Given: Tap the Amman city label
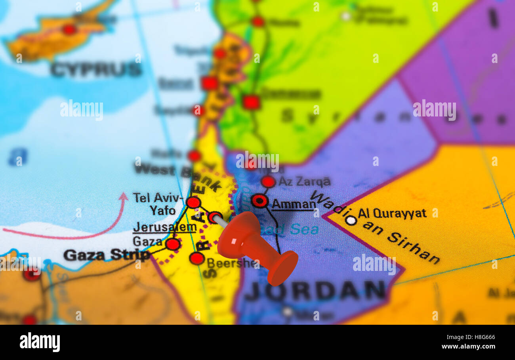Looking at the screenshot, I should [294, 204].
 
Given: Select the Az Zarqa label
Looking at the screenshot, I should [304, 182].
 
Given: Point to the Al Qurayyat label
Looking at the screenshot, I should [392, 213].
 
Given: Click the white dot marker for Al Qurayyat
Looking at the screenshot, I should [351, 220].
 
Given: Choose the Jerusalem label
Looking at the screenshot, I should [164, 227].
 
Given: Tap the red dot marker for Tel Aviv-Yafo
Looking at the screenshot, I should [193, 202].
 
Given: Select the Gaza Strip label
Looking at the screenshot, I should [107, 255].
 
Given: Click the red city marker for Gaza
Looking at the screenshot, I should [173, 244].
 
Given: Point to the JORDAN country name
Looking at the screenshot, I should [315, 291].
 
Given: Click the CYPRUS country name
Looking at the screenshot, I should [96, 70].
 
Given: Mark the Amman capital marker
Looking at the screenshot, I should [259, 201].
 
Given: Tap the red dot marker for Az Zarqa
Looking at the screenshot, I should [268, 181].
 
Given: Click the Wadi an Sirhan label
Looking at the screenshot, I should [376, 228].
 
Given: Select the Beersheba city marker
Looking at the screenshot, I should [196, 258].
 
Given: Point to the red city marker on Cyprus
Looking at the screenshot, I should [69, 29].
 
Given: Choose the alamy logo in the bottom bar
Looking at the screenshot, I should [40, 342].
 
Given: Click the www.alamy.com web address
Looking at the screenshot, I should [468, 346].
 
